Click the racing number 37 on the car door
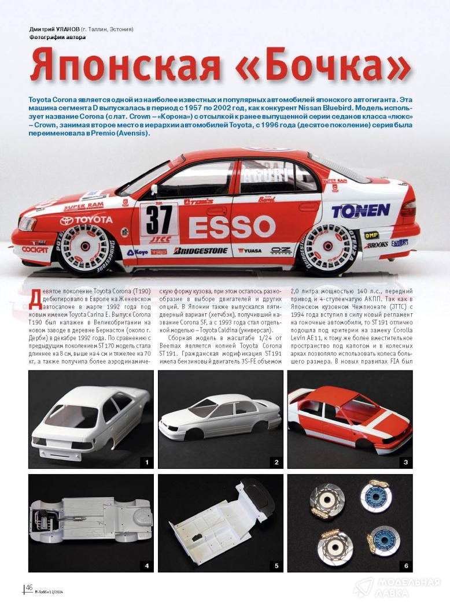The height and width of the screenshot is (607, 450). pyautogui.click(x=158, y=219)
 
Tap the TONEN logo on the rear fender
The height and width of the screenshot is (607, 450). pyautogui.click(x=360, y=210)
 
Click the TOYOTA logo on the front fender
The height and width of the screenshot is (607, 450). pyautogui.click(x=86, y=220)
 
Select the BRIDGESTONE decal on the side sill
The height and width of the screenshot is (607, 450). pyautogui.click(x=200, y=251)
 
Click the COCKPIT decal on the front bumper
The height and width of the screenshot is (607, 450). pyautogui.click(x=35, y=249)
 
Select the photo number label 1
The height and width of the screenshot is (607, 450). pyautogui.click(x=147, y=461)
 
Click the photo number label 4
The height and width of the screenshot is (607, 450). pyautogui.click(x=147, y=565)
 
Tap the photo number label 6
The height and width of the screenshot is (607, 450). pyautogui.click(x=406, y=565)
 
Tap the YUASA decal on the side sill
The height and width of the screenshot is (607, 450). pyautogui.click(x=250, y=251)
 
